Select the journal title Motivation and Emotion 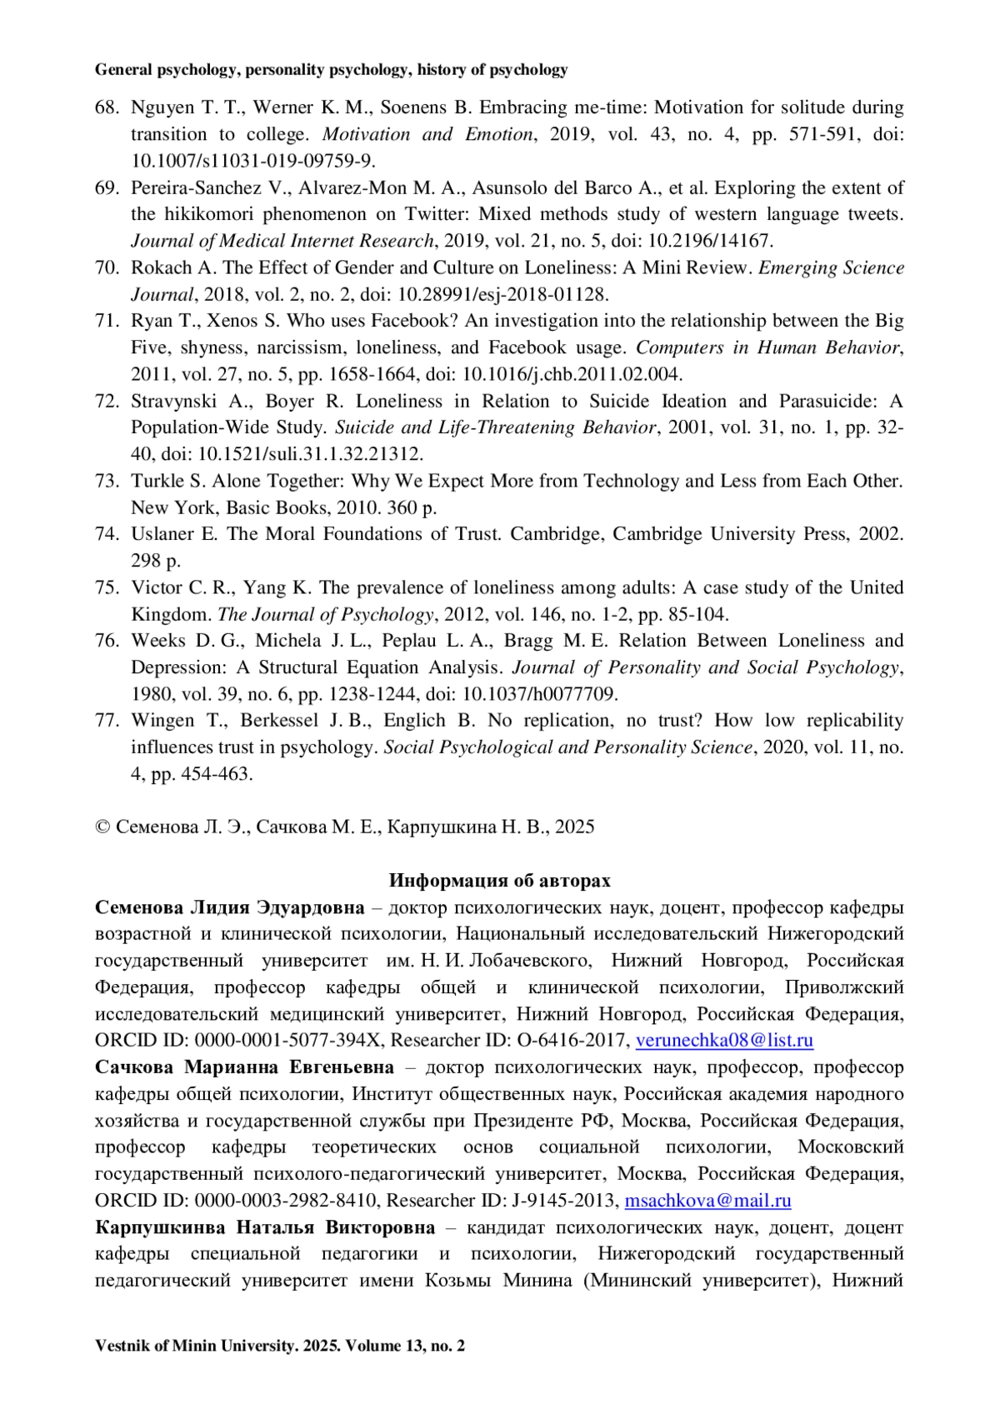427,134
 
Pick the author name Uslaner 162,534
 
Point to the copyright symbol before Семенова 102,827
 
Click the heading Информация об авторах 499,881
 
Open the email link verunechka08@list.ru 724,1041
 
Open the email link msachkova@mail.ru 707,1201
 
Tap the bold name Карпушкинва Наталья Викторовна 265,1227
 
